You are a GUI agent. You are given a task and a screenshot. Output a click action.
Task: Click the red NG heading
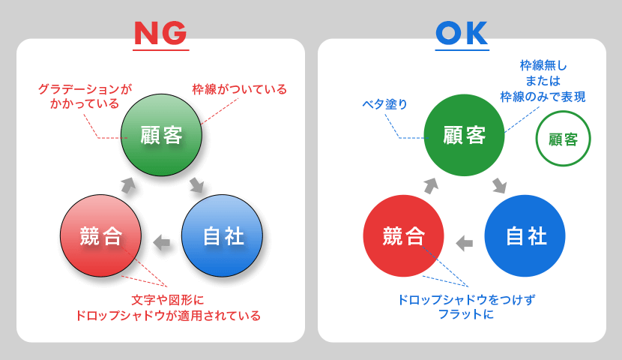click(x=160, y=33)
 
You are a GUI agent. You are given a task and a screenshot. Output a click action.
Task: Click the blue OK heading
click(x=462, y=33)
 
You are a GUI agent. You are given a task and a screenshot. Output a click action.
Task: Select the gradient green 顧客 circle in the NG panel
click(x=161, y=135)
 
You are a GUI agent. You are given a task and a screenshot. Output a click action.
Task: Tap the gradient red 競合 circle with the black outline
click(x=100, y=235)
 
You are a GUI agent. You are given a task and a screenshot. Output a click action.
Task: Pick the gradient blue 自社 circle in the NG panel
click(x=222, y=235)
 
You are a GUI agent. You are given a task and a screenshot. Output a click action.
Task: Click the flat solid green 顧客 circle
click(x=464, y=135)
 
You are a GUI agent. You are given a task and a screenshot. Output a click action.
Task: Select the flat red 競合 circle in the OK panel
click(x=403, y=235)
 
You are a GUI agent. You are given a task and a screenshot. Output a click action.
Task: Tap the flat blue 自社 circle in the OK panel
click(x=525, y=235)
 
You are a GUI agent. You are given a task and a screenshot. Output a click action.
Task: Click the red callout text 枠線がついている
click(x=240, y=89)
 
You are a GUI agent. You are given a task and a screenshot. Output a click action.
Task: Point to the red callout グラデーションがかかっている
click(x=85, y=97)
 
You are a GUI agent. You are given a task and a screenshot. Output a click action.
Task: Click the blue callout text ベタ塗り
click(x=384, y=104)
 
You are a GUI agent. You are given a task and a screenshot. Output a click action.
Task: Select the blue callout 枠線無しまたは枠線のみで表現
click(x=543, y=81)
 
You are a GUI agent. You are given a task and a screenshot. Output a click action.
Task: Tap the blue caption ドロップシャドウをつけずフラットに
click(x=466, y=307)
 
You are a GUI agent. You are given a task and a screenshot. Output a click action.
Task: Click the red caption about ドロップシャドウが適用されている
click(x=168, y=307)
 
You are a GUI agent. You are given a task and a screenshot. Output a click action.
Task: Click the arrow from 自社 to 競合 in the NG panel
click(x=162, y=242)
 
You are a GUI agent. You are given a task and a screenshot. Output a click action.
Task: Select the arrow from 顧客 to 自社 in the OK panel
click(x=499, y=186)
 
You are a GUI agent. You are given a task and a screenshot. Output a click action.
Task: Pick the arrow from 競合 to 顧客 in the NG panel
click(x=128, y=185)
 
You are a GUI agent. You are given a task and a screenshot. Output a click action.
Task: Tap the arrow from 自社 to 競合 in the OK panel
click(x=465, y=243)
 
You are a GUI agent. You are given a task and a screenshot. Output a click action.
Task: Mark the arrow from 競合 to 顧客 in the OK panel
click(x=431, y=186)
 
